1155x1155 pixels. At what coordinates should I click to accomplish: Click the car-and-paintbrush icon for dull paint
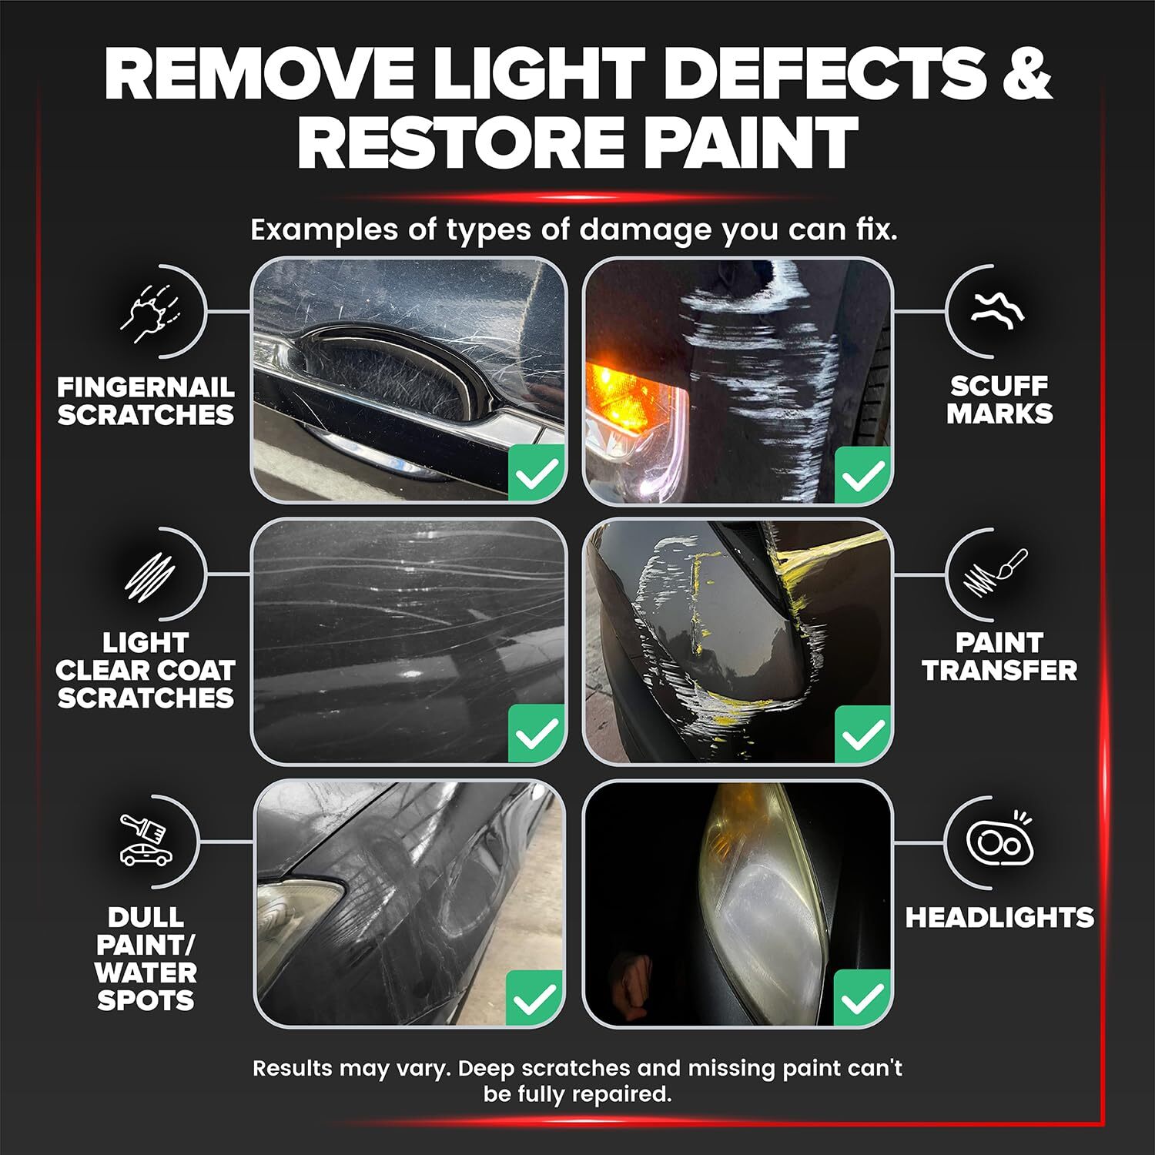pos(145,840)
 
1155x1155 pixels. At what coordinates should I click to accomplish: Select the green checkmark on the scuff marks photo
pos(863,473)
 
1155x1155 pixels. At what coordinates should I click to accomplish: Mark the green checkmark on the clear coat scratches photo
pos(537,733)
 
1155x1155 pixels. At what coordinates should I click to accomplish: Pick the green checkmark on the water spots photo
pos(535,998)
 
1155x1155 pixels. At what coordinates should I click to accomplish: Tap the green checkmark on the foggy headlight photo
pos(863,998)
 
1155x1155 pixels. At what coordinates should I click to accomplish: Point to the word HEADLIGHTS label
pos(999,918)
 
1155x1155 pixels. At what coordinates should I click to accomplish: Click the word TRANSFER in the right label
pos(999,671)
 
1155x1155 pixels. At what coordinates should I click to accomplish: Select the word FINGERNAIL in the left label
pos(146,387)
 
